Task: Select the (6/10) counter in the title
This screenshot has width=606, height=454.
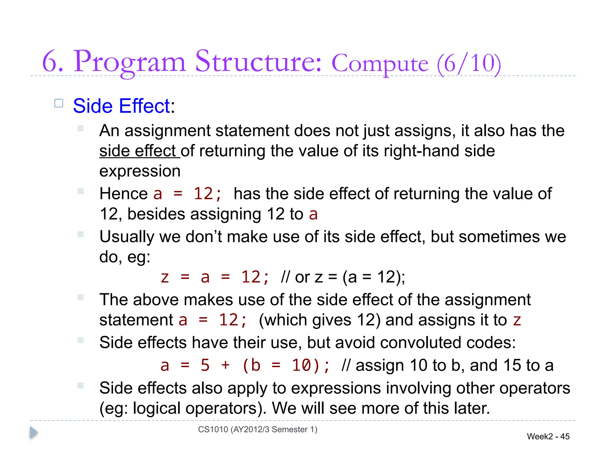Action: [x=469, y=63]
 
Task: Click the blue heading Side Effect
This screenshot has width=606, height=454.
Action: [x=121, y=106]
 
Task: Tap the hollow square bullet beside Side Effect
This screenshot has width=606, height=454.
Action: [x=59, y=103]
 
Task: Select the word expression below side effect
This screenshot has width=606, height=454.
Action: [x=140, y=171]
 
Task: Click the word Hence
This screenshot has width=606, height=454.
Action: [x=123, y=194]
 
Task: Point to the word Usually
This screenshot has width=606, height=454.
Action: [x=127, y=237]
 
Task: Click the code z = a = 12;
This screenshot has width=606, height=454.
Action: [x=215, y=277]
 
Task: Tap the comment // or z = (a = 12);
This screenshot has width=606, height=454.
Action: [x=343, y=277]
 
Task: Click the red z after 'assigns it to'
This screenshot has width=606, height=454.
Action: [x=517, y=320]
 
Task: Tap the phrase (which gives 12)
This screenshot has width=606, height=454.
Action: [x=320, y=320]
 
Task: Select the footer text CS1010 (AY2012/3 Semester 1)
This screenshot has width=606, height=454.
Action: [x=257, y=429]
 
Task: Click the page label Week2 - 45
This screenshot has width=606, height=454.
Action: [x=548, y=436]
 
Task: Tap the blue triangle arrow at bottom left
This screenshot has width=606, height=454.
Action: [x=34, y=432]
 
